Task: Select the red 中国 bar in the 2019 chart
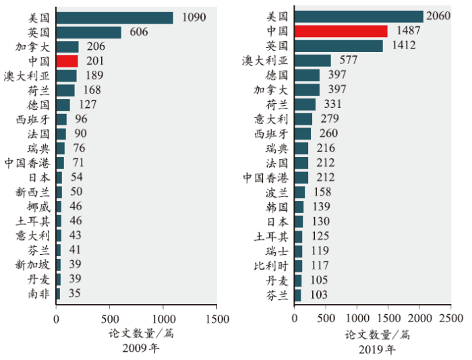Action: (341, 31)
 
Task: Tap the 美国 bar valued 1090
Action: (115, 18)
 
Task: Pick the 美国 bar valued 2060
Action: (359, 16)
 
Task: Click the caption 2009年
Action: (141, 349)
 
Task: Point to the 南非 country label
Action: (38, 293)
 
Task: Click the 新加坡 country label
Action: (33, 264)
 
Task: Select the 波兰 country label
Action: (277, 192)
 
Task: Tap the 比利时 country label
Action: (272, 266)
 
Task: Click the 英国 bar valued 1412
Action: (338, 46)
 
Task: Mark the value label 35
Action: (75, 293)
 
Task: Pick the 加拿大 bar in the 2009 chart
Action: (67, 47)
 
